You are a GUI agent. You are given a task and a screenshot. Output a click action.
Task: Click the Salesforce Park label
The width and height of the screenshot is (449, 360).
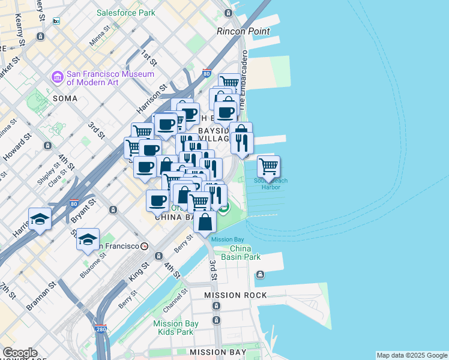click(125, 13)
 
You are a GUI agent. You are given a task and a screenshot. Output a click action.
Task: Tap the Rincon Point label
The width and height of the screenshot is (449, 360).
click(243, 31)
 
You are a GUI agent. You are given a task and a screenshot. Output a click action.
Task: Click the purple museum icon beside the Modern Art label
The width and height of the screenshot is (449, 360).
click(58, 77)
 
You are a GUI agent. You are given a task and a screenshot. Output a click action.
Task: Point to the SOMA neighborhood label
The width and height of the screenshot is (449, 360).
click(65, 98)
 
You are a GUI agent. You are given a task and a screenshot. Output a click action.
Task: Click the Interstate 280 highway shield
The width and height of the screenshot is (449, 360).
click(101, 329)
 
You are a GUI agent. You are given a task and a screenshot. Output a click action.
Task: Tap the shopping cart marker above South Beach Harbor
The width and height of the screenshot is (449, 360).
click(268, 166)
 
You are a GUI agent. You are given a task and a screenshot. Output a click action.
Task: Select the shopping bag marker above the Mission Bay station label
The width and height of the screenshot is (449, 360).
click(205, 221)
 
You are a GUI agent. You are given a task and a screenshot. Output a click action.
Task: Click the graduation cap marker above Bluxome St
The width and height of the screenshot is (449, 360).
click(88, 239)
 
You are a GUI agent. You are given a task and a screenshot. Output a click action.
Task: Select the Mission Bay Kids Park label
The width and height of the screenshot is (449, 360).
click(175, 328)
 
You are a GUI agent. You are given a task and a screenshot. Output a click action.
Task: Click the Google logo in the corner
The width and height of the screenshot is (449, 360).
click(19, 353)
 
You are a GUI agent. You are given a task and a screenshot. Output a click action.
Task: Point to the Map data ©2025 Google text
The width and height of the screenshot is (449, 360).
click(412, 355)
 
